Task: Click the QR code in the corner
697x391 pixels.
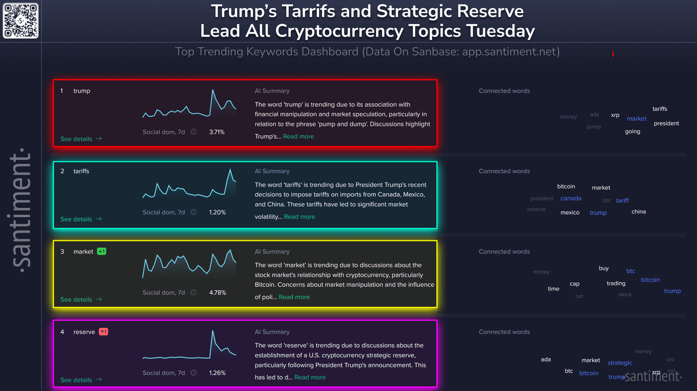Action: [x=21, y=21]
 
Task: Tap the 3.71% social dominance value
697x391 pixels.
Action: [x=216, y=132]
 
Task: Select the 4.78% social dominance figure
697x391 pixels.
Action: [x=217, y=293]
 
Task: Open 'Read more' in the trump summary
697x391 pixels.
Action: [x=298, y=137]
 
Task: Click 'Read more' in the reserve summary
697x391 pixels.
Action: [x=309, y=377]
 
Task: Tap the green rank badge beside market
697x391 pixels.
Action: [x=102, y=251]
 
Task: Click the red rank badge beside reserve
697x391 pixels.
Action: [x=103, y=332]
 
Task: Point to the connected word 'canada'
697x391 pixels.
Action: [x=570, y=198]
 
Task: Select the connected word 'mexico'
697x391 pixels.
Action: [x=569, y=212]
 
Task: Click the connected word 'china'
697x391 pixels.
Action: [x=638, y=211]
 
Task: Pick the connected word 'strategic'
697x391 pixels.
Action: [x=619, y=363]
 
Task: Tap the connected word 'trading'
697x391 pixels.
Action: [x=616, y=283]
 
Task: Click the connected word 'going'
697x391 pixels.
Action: [x=632, y=132]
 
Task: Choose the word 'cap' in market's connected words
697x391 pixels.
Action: [x=574, y=284]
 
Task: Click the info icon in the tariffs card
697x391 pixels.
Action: [x=194, y=212]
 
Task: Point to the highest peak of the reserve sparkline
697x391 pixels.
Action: [x=212, y=331]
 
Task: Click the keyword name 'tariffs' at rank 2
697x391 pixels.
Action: [x=81, y=171]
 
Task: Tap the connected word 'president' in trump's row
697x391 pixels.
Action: [x=666, y=123]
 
